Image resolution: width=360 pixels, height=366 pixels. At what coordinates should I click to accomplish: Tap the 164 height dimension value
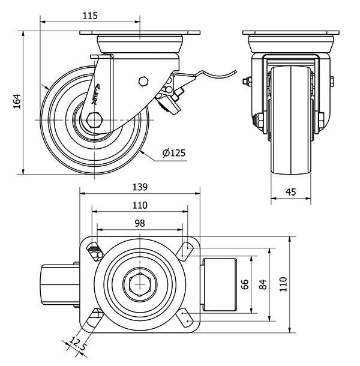point(17,103)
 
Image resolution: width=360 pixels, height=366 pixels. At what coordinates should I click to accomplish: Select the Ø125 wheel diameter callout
point(173,153)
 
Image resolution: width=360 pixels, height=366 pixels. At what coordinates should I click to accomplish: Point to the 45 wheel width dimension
point(290,191)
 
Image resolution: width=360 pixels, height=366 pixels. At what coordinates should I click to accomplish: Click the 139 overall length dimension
point(140,187)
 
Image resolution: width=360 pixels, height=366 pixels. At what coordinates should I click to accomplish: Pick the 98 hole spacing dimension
point(139,223)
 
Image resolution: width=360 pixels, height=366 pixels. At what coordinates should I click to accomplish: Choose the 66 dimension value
point(244,284)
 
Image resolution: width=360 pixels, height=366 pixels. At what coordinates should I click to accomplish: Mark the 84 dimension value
point(262,284)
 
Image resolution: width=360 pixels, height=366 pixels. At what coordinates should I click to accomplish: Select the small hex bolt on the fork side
point(143,80)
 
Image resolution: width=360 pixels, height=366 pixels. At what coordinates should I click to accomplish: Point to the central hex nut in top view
point(139,284)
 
